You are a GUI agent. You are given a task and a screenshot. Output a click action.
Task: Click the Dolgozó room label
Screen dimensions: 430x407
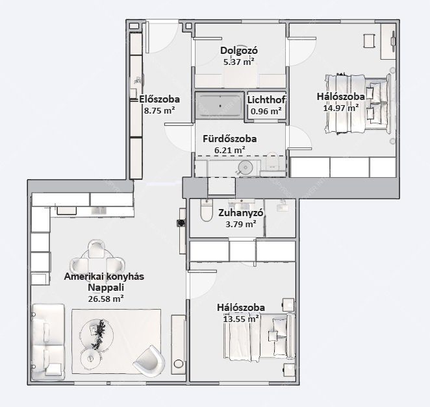coord(239,51)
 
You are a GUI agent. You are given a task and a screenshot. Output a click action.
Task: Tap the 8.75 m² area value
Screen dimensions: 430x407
coord(160,111)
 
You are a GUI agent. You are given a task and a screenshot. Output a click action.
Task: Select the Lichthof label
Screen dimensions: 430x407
coord(266,100)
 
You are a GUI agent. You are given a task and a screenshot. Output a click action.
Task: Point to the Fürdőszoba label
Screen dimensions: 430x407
coord(230,139)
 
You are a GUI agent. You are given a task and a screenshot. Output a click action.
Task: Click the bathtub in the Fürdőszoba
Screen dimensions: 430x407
coord(220,106)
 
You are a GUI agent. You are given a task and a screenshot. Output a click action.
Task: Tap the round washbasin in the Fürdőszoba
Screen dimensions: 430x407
coord(245,167)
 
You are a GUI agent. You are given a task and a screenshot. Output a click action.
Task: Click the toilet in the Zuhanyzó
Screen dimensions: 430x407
coord(207,210)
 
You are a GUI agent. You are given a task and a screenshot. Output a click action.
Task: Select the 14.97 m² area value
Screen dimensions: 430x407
coord(341,108)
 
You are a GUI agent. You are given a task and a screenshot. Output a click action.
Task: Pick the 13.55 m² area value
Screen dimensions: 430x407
coord(241,319)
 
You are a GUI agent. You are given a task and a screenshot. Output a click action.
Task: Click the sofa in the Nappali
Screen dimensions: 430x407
coord(48,342)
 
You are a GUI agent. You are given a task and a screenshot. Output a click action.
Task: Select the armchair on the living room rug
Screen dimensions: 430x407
coord(149,361)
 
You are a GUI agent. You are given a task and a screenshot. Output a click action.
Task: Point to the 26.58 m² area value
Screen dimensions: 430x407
coord(106,299)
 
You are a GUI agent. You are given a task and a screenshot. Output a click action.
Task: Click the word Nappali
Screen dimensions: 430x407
coord(106,288)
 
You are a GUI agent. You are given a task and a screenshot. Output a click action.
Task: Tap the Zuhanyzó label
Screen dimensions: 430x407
coord(241,213)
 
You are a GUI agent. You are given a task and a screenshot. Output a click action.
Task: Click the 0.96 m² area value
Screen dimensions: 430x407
coord(266,111)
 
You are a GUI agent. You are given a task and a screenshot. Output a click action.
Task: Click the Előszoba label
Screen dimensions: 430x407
coord(159,99)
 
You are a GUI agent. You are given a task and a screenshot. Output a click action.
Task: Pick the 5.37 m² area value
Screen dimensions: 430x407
coord(238,62)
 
